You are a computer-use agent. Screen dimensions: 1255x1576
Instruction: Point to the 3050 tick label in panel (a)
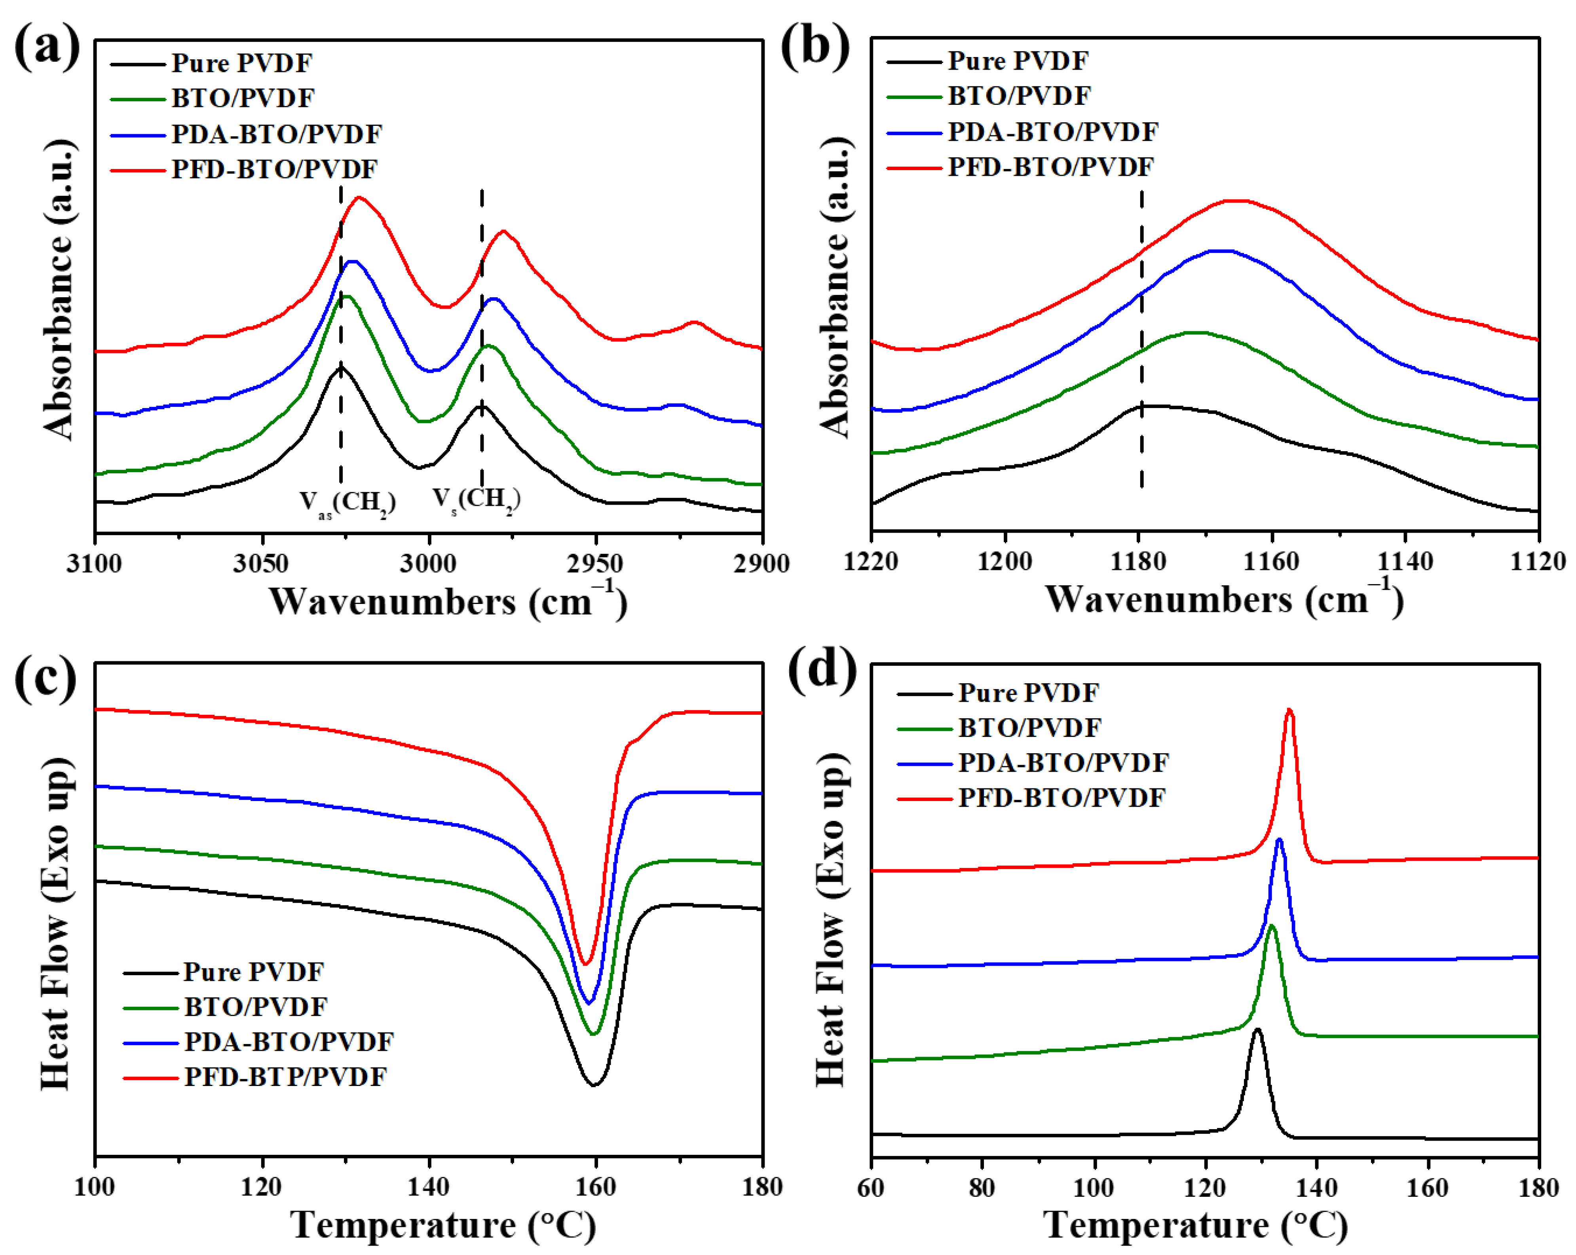(x=261, y=564)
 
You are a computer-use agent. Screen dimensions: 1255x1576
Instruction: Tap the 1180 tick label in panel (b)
(x=1138, y=561)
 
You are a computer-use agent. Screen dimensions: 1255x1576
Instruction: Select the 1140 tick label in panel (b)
(x=1405, y=561)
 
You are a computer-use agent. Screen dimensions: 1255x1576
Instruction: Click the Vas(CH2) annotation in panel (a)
(x=347, y=503)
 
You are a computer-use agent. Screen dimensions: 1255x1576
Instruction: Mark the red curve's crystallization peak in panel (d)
(x=1289, y=710)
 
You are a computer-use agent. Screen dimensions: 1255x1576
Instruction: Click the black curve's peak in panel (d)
(x=1257, y=1030)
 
